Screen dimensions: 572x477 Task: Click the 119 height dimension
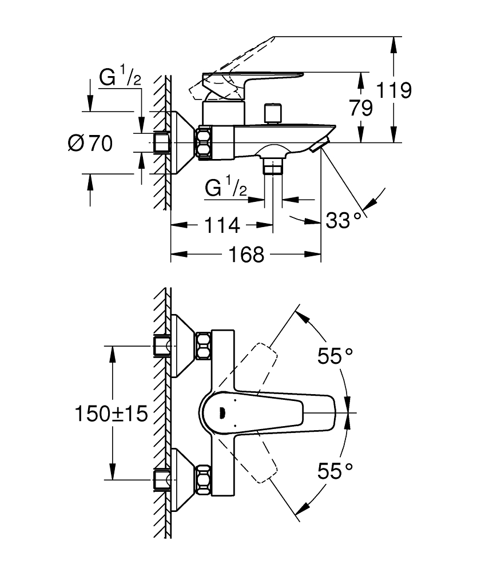[395, 90]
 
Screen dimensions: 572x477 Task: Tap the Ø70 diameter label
[90, 143]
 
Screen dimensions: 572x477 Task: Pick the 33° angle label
[344, 219]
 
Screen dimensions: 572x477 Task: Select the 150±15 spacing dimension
[112, 412]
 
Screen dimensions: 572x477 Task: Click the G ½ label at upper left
[120, 79]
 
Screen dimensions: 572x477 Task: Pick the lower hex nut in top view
[204, 479]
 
